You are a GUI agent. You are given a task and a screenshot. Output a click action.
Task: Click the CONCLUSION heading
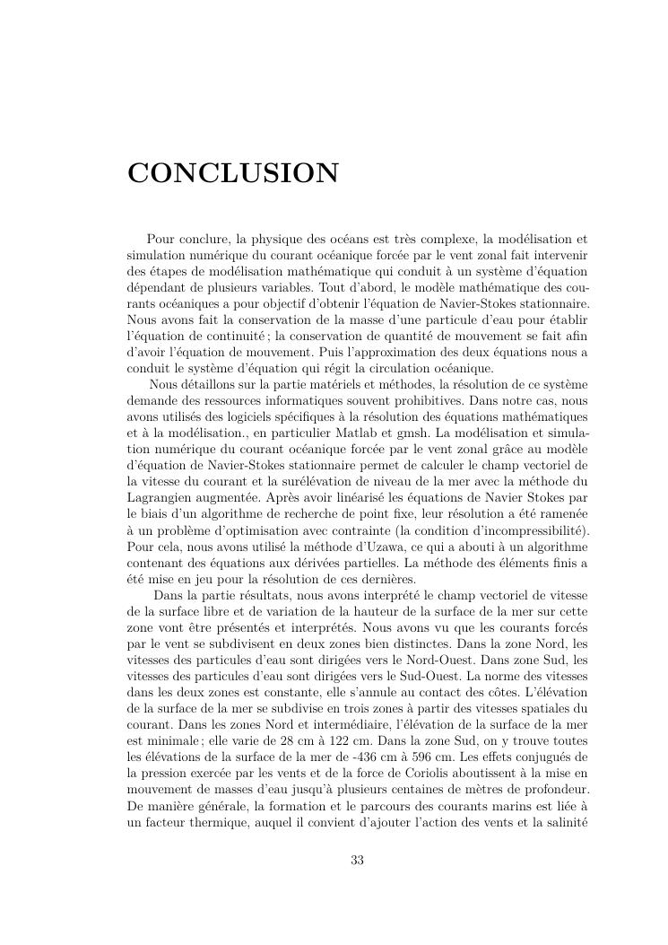233,173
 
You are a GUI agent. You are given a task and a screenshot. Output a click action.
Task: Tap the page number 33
357,861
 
